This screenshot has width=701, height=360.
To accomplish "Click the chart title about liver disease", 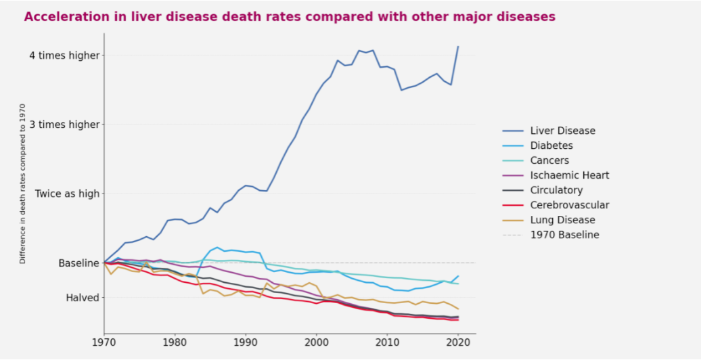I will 290,16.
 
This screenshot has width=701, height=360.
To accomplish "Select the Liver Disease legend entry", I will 562,131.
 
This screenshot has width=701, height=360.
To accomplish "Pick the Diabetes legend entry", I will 551,145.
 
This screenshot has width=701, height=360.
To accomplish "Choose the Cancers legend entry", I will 549,160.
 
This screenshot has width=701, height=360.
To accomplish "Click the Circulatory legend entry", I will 556,190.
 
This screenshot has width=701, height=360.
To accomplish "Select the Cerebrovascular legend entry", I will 569,205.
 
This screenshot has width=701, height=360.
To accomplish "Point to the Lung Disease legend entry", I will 562,220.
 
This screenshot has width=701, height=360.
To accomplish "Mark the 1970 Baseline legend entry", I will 564,235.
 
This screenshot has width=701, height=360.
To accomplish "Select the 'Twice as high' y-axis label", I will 67,194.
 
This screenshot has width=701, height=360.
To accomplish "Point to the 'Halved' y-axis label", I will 83,298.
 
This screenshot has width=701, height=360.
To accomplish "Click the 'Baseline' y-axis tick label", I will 79,263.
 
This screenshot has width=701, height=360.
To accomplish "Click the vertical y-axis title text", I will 22,183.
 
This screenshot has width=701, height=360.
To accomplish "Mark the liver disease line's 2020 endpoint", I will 458,47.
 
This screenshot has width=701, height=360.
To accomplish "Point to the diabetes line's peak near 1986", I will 217,248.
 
